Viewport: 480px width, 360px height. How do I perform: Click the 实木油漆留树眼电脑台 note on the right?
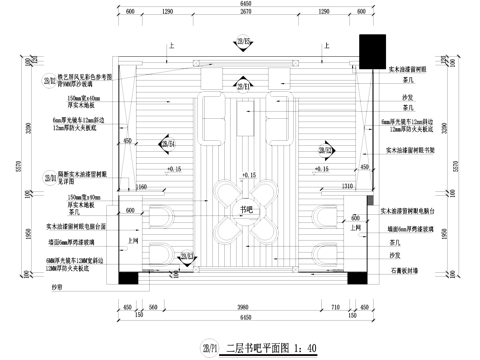[410, 212]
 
